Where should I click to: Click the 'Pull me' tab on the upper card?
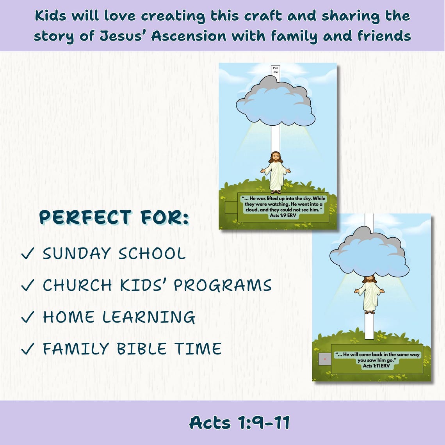click(276, 70)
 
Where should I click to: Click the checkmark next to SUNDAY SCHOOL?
click(28, 255)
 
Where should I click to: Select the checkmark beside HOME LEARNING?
click(28, 318)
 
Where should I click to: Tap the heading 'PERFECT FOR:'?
click(114, 218)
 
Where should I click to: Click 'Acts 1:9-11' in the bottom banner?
click(239, 422)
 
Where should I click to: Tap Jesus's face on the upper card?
click(276, 158)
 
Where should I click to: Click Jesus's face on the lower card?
click(369, 280)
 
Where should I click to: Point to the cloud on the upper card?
click(276, 102)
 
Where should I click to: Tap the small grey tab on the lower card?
click(324, 359)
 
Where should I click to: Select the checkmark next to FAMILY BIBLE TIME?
click(28, 349)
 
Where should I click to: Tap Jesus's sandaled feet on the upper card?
click(276, 191)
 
